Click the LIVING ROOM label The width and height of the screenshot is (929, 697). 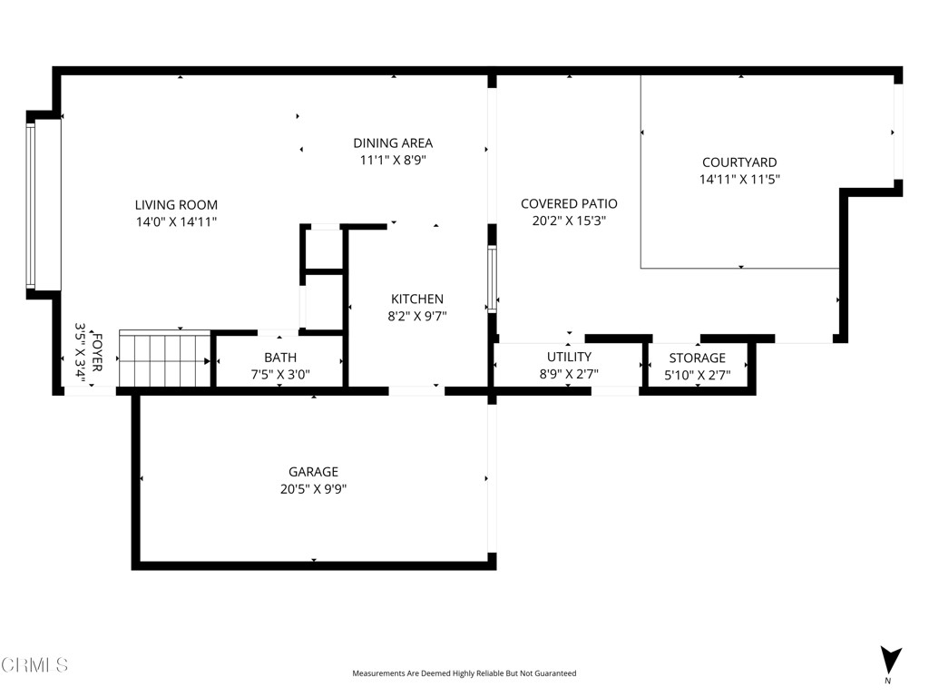(x=176, y=205)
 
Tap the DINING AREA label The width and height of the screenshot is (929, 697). (x=392, y=142)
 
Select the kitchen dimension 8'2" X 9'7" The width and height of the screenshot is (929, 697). (x=417, y=317)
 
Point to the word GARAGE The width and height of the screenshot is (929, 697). (x=313, y=472)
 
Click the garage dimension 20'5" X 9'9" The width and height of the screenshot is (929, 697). (x=313, y=489)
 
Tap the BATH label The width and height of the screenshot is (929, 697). (x=279, y=358)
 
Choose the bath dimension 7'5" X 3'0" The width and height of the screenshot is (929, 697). (x=279, y=374)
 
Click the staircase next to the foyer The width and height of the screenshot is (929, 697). (x=164, y=359)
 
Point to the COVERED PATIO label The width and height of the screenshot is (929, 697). (x=569, y=203)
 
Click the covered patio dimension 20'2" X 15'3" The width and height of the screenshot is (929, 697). (x=569, y=221)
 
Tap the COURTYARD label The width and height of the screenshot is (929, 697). (x=739, y=162)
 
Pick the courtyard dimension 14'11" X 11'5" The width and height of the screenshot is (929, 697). (x=739, y=180)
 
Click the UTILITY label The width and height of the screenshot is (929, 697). (x=569, y=357)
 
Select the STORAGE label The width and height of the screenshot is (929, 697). (x=697, y=358)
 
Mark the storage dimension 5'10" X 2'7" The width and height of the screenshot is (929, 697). (x=697, y=374)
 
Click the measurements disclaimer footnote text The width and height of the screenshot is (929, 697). (x=464, y=673)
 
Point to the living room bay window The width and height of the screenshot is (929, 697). (x=31, y=203)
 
